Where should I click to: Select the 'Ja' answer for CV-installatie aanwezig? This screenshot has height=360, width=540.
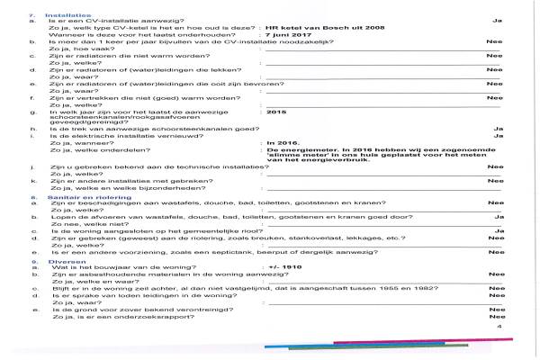(497, 19)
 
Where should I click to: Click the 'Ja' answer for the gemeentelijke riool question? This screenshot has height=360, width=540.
(497, 229)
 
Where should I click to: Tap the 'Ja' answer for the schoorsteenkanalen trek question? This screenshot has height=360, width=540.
(497, 127)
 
